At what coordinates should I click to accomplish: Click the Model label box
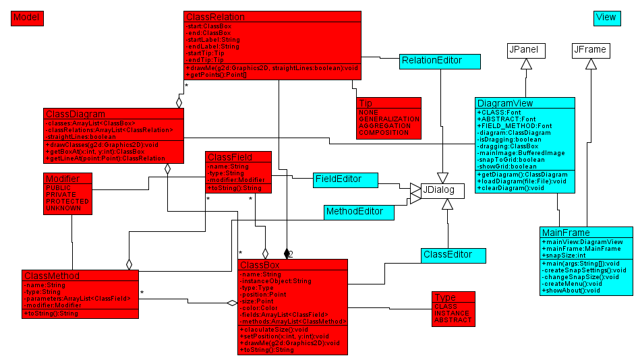[27, 18]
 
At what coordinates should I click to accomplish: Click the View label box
[606, 18]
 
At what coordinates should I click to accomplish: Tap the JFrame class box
[590, 50]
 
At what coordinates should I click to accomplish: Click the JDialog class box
[442, 191]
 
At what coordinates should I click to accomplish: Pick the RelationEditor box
[440, 61]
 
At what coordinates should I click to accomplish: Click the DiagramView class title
[505, 103]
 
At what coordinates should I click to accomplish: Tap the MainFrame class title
[567, 233]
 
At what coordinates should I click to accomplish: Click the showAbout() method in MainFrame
[571, 291]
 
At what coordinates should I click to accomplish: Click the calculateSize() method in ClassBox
[269, 328]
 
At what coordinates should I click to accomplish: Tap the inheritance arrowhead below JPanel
[526, 64]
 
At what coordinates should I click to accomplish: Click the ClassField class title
[229, 157]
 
